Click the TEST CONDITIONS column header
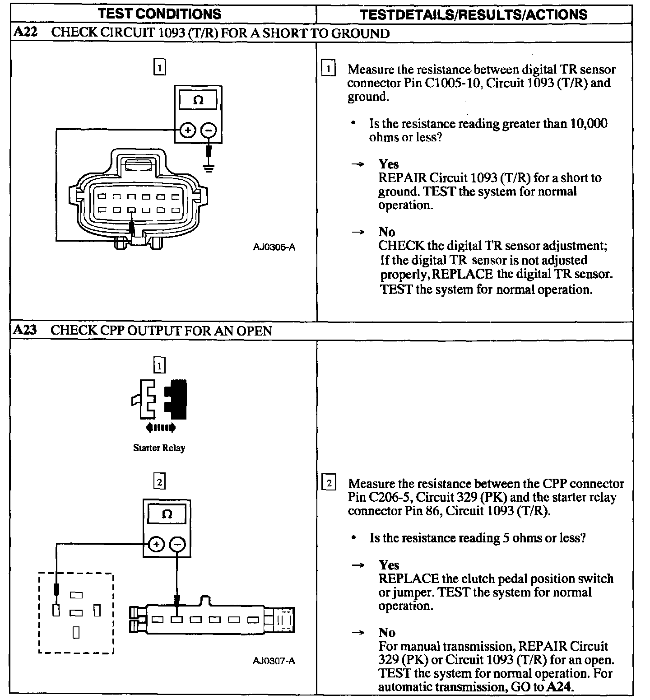click(160, 14)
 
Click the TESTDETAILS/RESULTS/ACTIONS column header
click(474, 14)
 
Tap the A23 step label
click(25, 330)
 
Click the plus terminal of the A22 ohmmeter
click(187, 131)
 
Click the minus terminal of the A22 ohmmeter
click(209, 131)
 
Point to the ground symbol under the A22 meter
click(209, 168)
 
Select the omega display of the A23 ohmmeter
click(167, 514)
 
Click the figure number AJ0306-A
click(274, 247)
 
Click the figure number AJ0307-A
click(274, 661)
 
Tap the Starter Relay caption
click(159, 448)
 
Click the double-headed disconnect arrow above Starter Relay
click(161, 427)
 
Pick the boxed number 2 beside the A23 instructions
click(329, 484)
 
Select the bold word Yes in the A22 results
click(388, 164)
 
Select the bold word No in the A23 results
click(387, 633)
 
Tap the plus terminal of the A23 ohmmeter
click(156, 545)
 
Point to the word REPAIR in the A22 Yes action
click(402, 178)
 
